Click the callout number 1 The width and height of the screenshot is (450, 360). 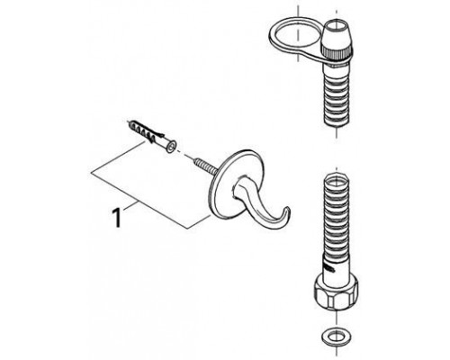click(116, 218)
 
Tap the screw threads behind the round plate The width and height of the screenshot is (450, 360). click(206, 166)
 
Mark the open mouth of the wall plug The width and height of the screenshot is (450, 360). click(171, 148)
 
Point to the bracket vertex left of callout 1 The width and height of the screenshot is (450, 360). click(91, 173)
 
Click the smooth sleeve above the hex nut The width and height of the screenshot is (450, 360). click(336, 265)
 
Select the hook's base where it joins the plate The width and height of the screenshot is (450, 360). click(238, 186)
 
